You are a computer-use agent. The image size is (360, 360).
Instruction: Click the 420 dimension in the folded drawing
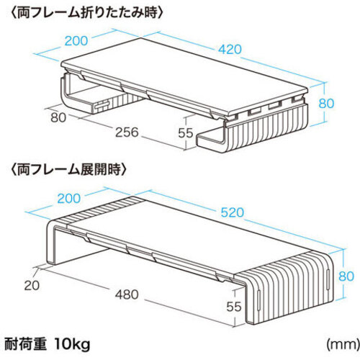[x=230, y=49]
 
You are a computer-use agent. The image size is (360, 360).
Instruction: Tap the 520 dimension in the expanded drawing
[x=232, y=212]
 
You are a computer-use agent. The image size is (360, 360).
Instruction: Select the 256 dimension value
[x=127, y=132]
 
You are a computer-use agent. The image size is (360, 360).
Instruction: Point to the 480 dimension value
[x=127, y=294]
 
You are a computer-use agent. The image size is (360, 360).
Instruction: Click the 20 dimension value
[x=32, y=286]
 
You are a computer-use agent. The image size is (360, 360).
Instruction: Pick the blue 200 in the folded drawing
[x=76, y=40]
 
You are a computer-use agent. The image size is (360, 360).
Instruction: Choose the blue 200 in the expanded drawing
[x=69, y=198]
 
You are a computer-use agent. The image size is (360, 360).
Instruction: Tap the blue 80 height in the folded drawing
[x=326, y=103]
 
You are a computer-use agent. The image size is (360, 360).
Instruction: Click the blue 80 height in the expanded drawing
[x=346, y=276]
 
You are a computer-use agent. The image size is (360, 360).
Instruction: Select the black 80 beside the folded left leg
[x=58, y=117]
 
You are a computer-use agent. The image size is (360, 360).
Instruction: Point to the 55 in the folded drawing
[x=186, y=132]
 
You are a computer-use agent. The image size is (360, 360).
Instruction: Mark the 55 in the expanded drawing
[x=233, y=307]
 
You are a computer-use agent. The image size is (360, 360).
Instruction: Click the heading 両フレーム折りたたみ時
[x=87, y=12]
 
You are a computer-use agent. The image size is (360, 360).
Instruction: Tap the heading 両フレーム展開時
[x=68, y=170]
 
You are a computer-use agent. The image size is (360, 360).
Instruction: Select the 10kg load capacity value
[x=72, y=345]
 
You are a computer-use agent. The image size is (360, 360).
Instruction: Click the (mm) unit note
[x=343, y=345]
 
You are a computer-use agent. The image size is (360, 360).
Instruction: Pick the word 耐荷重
[x=25, y=344]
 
